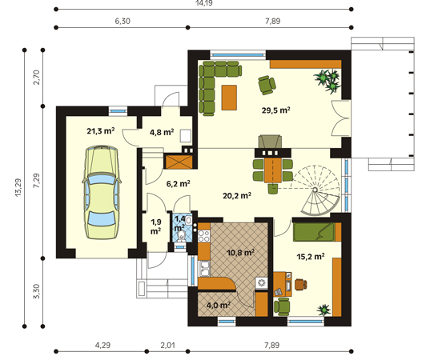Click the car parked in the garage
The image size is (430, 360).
pos(102,192)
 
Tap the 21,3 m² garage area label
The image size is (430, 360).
pos(101,131)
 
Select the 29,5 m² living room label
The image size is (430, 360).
pos(276,110)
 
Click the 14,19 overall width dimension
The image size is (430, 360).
pos(203,3)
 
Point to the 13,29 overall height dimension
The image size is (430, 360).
pos(18,188)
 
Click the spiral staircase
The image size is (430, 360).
pos(316,190)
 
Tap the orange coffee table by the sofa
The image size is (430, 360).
pos(229,98)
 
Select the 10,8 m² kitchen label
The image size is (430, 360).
pos(240,252)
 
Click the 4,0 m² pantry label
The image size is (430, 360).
pos(219,305)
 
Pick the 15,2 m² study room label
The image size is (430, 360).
pos(311,257)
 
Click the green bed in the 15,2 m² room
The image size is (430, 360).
pos(317,232)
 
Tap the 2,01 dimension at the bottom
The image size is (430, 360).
pos(167,345)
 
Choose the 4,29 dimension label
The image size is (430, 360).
pos(102,345)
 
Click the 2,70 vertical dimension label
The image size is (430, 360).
pos(37,78)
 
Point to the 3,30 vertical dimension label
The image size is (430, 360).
pos(37,291)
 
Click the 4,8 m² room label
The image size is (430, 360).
pos(162,132)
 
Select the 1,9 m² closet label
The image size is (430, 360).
pos(156,226)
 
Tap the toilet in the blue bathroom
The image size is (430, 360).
pos(181,236)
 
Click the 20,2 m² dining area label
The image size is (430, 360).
pos(237,196)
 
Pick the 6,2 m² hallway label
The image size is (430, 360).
pos(179,183)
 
